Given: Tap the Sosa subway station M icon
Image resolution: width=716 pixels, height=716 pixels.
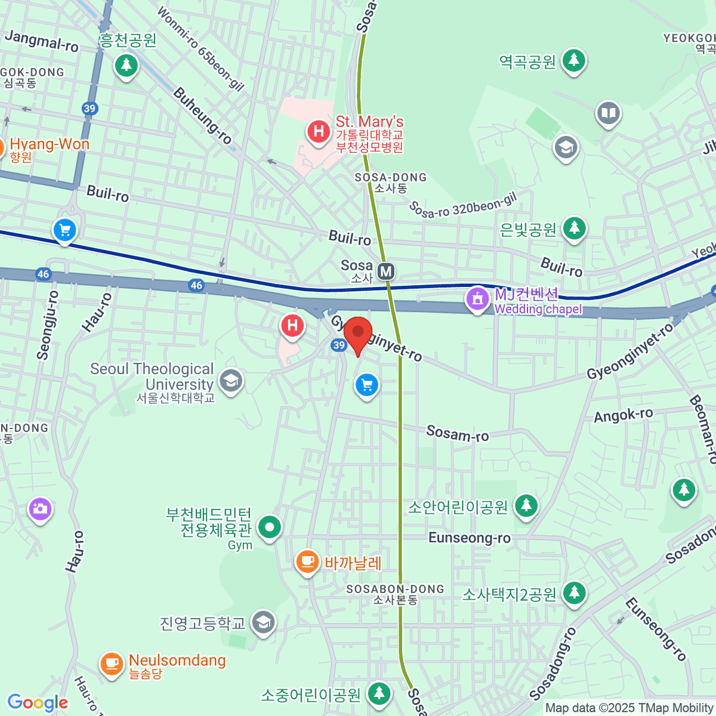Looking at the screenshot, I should click(386, 271).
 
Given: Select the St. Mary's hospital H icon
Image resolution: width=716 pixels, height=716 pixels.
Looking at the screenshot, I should click(319, 131).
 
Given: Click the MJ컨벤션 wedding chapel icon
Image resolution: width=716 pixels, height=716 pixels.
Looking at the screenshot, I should click(477, 298).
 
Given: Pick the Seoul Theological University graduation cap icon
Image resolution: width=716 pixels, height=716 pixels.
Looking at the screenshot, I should click(231, 380).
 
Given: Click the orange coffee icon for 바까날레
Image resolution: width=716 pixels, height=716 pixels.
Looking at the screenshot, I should click(307, 561).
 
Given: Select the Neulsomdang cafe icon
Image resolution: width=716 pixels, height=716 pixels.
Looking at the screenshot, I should click(112, 663).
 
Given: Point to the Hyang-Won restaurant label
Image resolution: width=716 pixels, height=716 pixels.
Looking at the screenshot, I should click(49, 144).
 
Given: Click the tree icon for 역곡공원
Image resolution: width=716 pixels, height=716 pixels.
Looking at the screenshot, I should click(573, 60).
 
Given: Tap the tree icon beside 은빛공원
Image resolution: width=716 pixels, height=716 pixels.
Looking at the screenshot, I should click(574, 228).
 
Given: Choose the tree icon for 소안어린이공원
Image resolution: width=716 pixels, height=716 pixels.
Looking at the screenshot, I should click(526, 506).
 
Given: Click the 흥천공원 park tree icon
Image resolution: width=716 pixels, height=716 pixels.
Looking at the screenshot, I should click(126, 64).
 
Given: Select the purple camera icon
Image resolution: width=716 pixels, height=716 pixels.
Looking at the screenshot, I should click(40, 509).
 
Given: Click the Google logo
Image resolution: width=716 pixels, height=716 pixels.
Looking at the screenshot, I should click(38, 703).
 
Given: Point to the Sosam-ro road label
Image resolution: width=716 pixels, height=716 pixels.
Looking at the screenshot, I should click(457, 434).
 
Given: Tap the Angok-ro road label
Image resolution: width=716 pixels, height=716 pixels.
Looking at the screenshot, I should click(623, 415).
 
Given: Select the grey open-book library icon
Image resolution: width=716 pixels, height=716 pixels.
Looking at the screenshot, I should click(608, 113).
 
